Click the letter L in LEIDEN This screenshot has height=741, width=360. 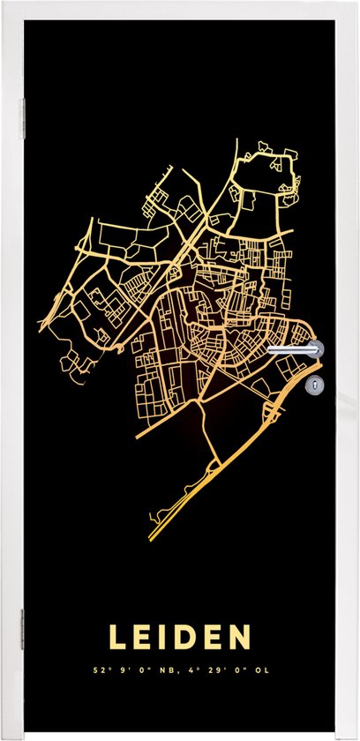[x=116, y=638]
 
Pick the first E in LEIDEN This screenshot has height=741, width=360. [x=140, y=638]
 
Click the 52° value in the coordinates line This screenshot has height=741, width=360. [x=109, y=669]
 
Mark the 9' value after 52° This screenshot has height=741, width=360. [x=128, y=669]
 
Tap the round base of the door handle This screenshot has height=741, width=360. [x=316, y=348]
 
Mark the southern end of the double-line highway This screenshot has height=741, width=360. [x=150, y=537]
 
